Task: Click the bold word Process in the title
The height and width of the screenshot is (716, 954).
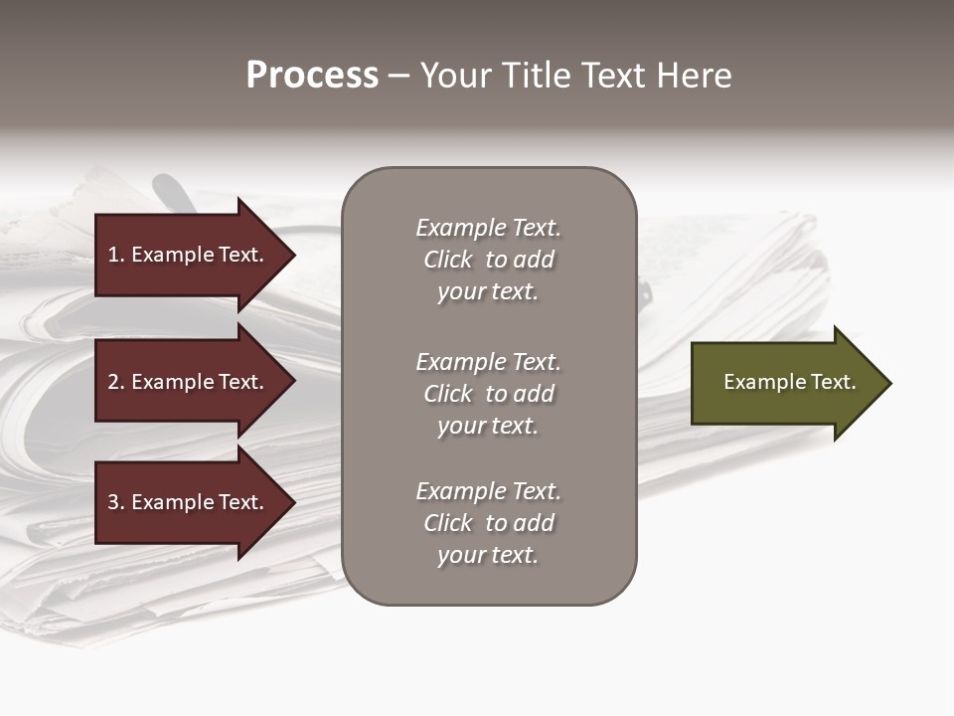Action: (x=312, y=76)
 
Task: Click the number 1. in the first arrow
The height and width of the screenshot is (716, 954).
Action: (x=116, y=255)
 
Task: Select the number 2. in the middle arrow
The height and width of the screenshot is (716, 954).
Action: (x=116, y=382)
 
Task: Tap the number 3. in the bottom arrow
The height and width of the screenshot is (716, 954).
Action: (x=116, y=502)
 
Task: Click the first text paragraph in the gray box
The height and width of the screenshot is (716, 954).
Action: (x=488, y=260)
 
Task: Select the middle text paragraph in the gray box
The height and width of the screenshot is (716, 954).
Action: (x=488, y=394)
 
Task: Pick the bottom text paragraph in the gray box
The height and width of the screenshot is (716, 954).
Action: (x=488, y=523)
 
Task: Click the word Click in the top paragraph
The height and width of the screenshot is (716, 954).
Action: (x=448, y=260)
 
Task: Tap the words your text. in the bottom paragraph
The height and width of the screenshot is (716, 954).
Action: (x=488, y=555)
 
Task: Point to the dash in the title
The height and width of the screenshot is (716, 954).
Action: (x=399, y=76)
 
